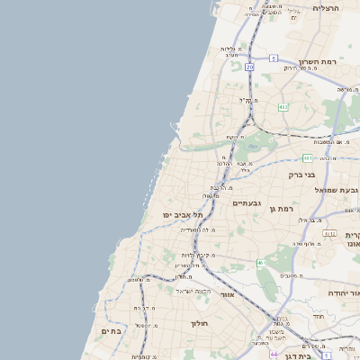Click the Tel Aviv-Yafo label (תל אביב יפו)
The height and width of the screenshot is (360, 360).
coord(183,215)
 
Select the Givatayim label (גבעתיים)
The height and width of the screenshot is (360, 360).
coord(247,203)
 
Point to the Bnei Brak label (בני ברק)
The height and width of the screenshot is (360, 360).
coord(300,175)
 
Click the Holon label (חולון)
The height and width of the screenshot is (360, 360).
coord(199,322)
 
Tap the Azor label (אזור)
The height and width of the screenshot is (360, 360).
coord(227,293)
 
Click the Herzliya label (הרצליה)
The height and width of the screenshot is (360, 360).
coord(325,7)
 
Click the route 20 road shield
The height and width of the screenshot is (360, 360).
coord(249,67)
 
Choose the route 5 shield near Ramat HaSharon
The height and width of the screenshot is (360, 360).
coord(273,58)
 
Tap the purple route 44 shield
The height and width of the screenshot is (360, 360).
coord(274,355)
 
